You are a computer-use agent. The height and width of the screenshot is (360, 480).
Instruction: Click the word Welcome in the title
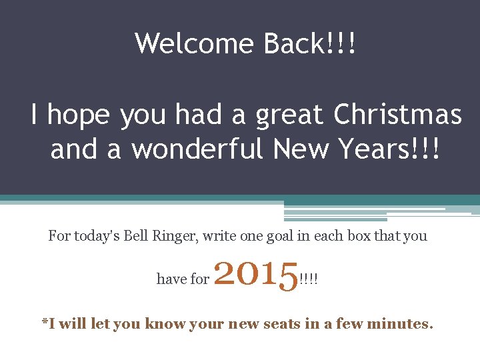pyautogui.click(x=193, y=44)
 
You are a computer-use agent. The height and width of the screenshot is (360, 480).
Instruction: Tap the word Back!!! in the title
pyautogui.click(x=309, y=44)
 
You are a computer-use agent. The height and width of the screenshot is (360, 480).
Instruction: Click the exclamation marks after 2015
pyautogui.click(x=309, y=279)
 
